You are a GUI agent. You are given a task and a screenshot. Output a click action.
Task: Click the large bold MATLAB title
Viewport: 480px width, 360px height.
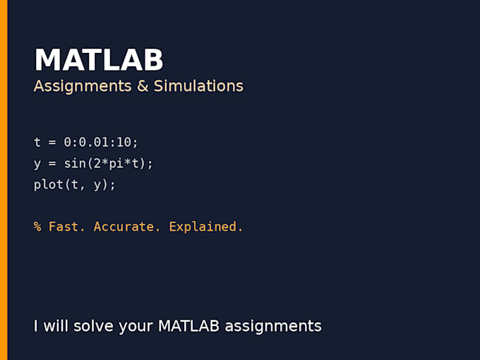pyautogui.click(x=99, y=59)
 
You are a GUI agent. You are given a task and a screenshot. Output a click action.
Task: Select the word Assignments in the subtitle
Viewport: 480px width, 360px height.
pyautogui.click(x=83, y=86)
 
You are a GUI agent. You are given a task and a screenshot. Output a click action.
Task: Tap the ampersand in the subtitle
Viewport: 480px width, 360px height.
pyautogui.click(x=143, y=85)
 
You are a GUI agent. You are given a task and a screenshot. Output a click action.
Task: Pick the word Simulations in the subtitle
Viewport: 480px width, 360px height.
pyautogui.click(x=198, y=85)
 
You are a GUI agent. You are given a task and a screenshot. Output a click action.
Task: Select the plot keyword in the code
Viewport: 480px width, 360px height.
pyautogui.click(x=49, y=185)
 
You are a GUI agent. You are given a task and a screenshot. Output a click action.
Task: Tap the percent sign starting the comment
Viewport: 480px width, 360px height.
pyautogui.click(x=37, y=227)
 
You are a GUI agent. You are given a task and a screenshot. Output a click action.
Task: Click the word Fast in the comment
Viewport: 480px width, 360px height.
pyautogui.click(x=64, y=227)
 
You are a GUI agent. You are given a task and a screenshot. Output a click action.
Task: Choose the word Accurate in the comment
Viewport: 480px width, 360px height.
pyautogui.click(x=124, y=227)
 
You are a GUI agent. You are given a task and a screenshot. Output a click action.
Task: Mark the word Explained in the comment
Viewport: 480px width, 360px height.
pyautogui.click(x=203, y=227)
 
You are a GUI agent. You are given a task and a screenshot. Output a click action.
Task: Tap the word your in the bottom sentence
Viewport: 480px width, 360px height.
pyautogui.click(x=136, y=327)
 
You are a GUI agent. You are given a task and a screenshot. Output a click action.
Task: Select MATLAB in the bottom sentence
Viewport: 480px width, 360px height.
pyautogui.click(x=188, y=325)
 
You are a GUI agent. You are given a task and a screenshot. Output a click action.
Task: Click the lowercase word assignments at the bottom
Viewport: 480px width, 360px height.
pyautogui.click(x=273, y=326)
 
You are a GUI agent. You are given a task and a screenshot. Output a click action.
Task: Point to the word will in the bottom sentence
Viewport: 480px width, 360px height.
pyautogui.click(x=56, y=325)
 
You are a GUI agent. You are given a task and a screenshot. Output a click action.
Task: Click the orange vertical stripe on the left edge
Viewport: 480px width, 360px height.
pyautogui.click(x=4, y=180)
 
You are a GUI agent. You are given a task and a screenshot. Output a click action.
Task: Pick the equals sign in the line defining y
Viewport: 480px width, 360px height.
pyautogui.click(x=52, y=164)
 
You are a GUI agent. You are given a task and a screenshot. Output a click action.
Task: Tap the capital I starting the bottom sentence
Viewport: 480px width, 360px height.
pyautogui.click(x=35, y=326)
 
